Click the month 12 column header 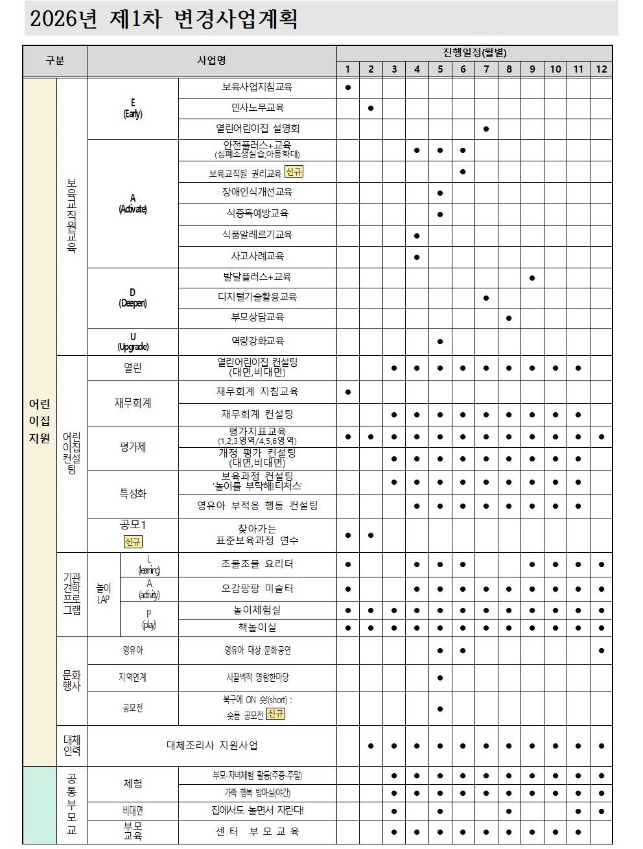tap(601, 69)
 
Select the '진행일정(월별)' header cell tap(474, 52)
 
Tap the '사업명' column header tap(211, 60)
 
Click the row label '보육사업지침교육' tap(257, 87)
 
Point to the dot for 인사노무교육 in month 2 tap(371, 108)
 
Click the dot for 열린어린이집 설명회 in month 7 tap(486, 129)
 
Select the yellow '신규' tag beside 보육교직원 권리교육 tap(294, 172)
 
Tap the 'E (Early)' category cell tap(133, 108)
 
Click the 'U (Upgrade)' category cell tap(133, 342)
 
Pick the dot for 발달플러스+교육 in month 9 tap(532, 277)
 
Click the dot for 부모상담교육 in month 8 tap(509, 318)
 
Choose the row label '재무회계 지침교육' tap(257, 391)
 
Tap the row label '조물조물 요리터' tap(257, 564)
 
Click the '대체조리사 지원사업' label tap(212, 745)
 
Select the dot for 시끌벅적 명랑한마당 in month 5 tap(440, 678)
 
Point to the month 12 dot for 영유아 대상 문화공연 tap(602, 650)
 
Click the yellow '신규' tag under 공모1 tap(133, 541)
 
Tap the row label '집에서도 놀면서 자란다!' tap(257, 810)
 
